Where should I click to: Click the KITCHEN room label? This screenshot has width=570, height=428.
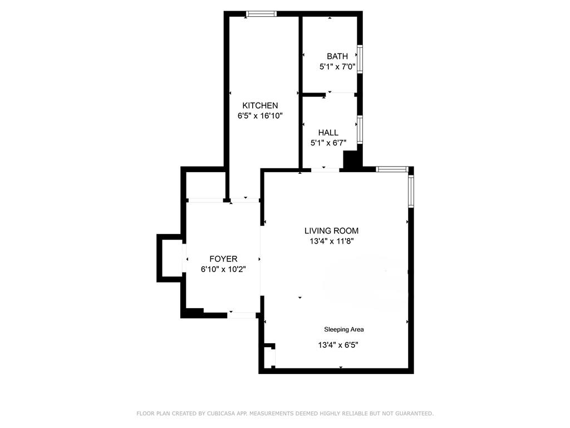(260, 105)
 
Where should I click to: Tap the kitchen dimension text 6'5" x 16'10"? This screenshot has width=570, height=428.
(260, 116)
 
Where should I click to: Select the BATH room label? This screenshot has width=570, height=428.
(337, 56)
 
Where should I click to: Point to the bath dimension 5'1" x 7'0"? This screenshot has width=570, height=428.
(337, 67)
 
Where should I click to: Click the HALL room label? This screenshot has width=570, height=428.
(328, 133)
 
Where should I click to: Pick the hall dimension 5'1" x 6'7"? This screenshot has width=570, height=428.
(328, 143)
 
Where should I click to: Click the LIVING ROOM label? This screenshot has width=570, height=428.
(331, 231)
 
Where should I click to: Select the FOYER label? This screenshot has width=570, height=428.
(223, 259)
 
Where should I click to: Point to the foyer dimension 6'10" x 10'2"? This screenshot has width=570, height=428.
(223, 269)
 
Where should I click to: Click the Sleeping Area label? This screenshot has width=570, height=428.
(344, 329)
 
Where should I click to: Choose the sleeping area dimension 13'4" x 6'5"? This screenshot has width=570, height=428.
(338, 345)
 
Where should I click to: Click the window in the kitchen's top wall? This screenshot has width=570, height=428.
(261, 14)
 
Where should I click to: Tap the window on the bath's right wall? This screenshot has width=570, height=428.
(360, 59)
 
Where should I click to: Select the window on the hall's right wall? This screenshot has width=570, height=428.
(360, 129)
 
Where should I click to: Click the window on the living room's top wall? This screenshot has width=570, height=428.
(392, 169)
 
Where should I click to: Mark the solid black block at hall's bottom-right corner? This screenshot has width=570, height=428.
(351, 161)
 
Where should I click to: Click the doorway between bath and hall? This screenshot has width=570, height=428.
(341, 93)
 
